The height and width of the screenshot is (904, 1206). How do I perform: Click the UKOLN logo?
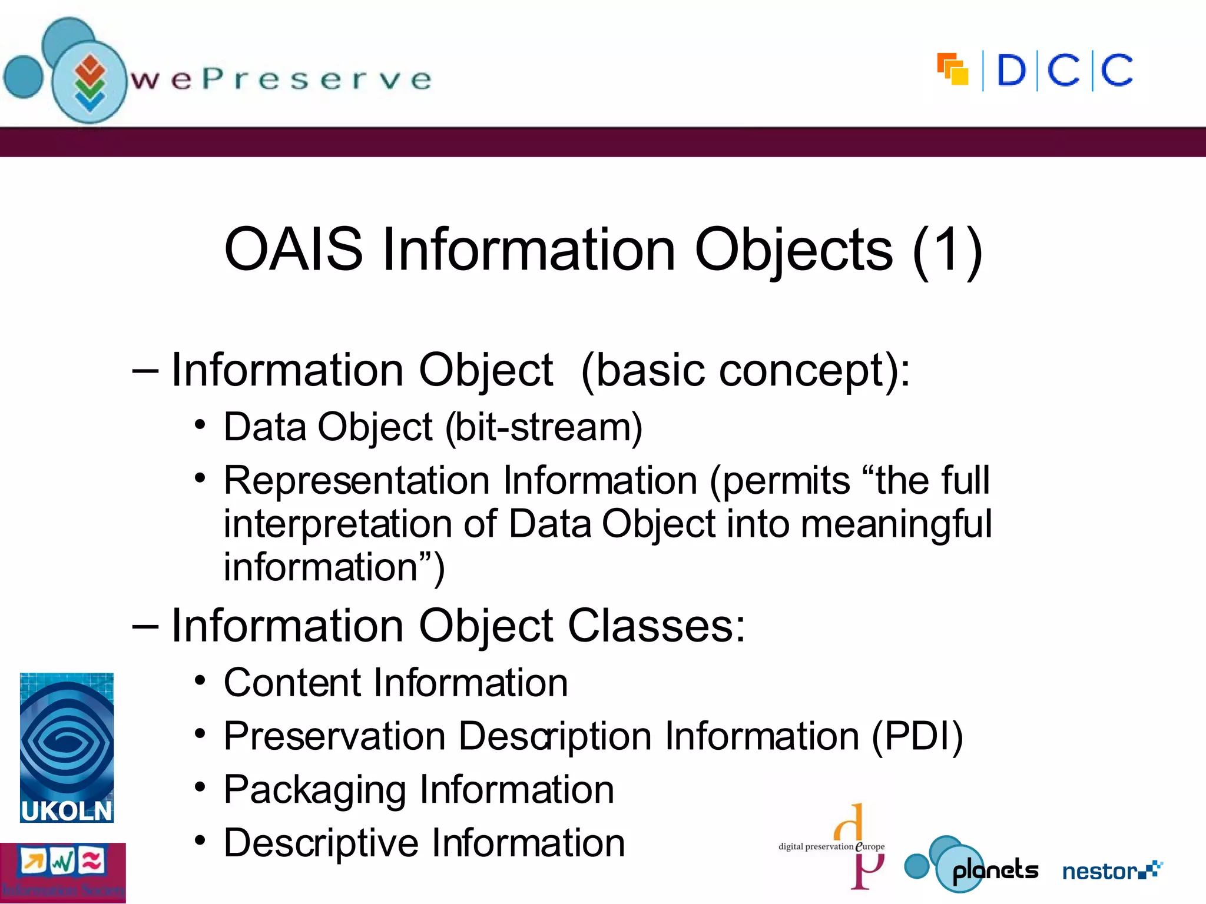point(67,747)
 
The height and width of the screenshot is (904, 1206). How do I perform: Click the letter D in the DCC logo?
point(1011,71)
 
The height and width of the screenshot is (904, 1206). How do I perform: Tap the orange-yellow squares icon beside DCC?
point(953,69)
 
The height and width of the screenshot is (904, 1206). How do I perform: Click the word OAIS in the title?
point(293,250)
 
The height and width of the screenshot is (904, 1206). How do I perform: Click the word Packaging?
point(315,790)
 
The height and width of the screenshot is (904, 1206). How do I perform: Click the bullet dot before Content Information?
point(200,681)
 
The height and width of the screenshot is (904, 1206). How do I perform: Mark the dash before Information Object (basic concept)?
point(145,371)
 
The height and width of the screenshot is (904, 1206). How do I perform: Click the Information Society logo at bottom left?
point(62,872)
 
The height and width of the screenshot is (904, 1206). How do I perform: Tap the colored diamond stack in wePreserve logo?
point(90,82)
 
